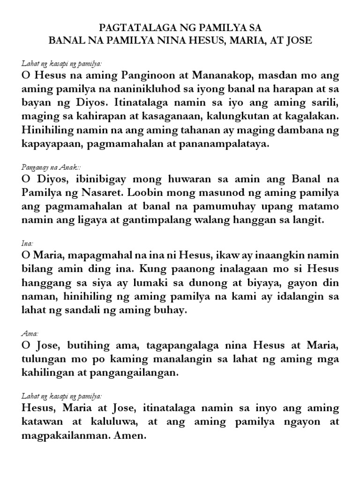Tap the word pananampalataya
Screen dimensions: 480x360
227,143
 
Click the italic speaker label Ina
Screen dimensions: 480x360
26,244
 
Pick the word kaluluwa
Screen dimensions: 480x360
110,421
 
